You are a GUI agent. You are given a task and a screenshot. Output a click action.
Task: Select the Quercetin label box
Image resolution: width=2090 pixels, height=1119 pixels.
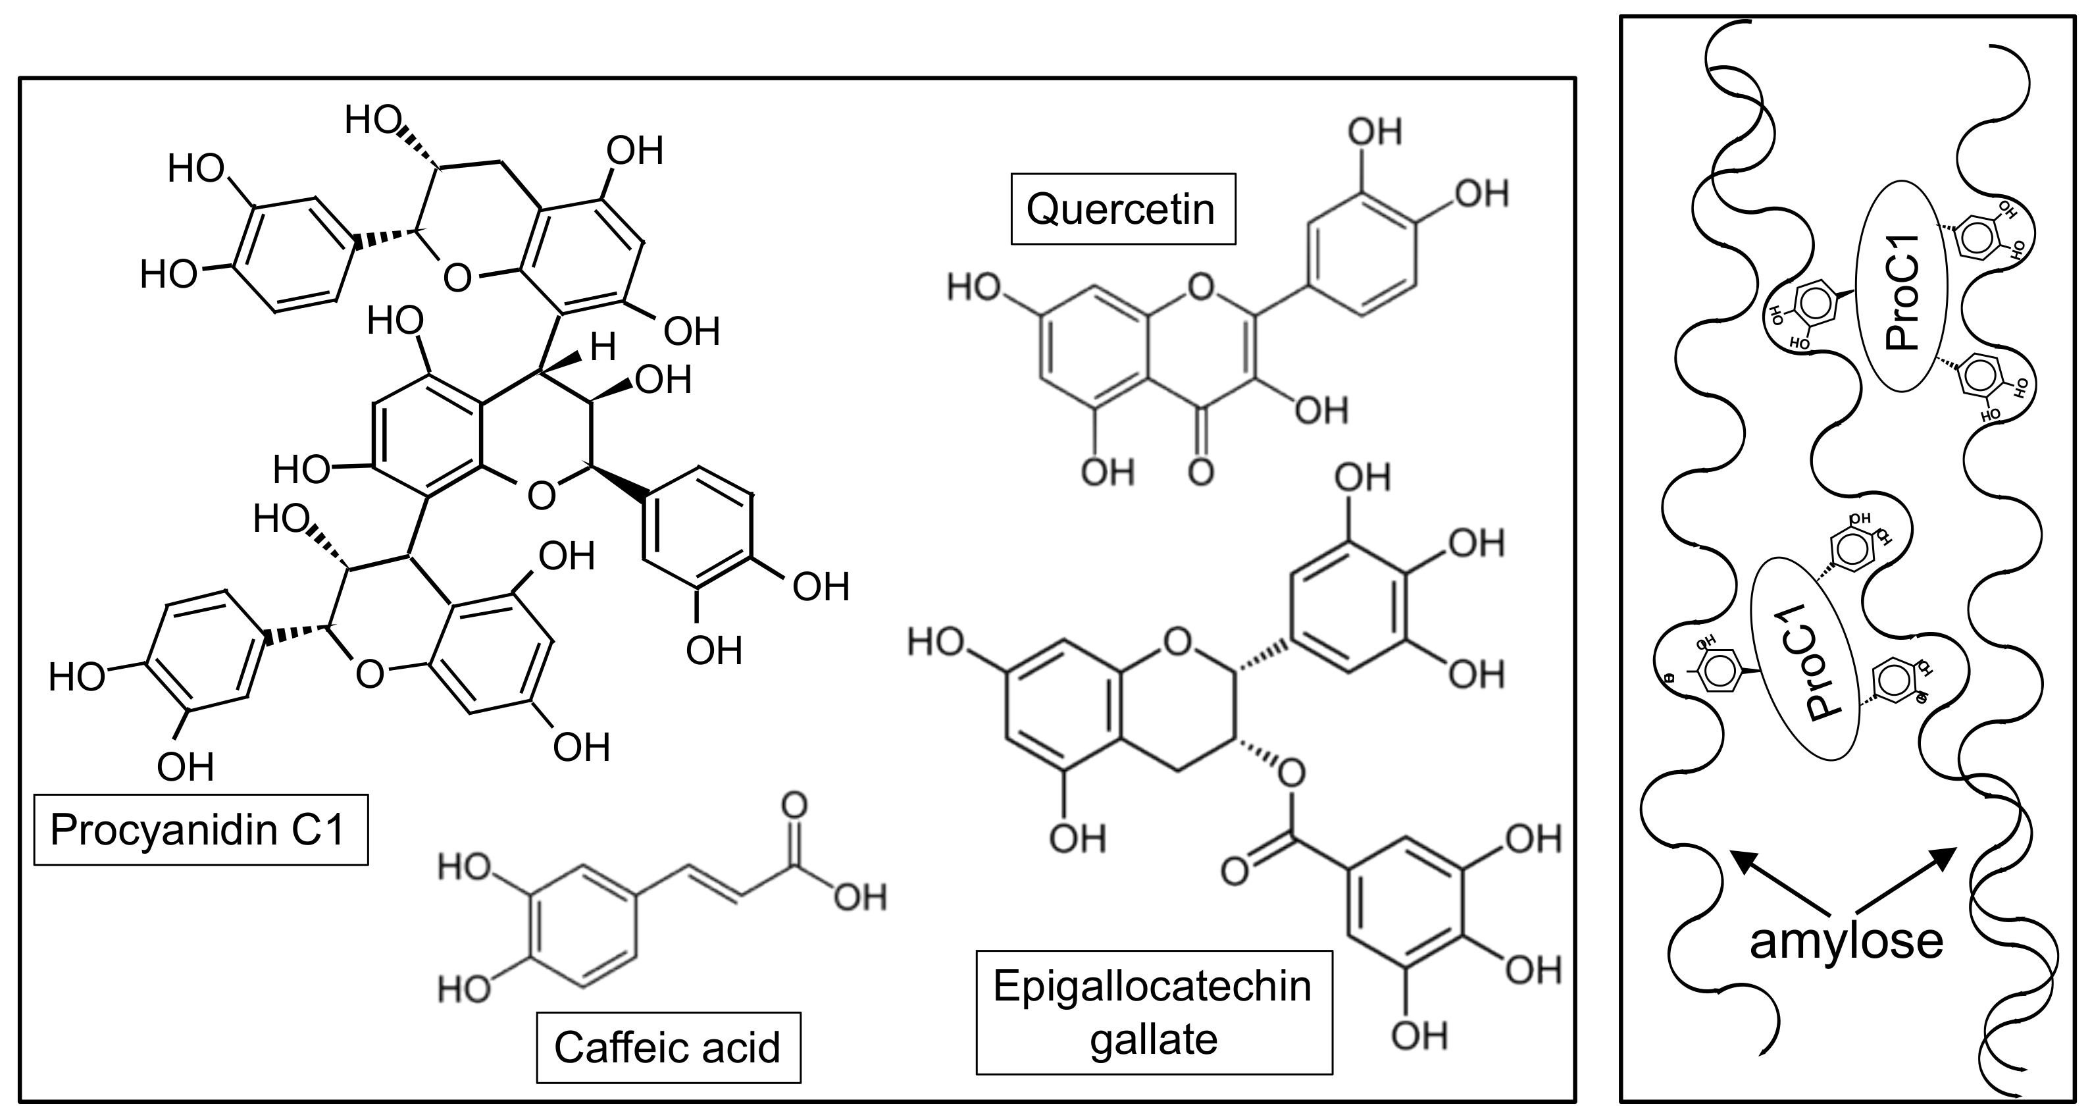(1122, 209)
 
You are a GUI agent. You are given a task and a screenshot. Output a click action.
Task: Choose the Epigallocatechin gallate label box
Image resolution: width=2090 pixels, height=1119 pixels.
(1153, 1011)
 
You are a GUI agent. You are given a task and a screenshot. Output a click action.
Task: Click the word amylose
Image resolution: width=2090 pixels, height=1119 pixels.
(1846, 941)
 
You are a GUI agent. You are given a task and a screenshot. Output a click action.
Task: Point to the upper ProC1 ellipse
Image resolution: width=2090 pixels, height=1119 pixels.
(1902, 292)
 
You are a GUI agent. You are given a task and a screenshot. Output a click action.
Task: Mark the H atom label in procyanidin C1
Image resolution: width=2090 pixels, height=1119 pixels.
(603, 348)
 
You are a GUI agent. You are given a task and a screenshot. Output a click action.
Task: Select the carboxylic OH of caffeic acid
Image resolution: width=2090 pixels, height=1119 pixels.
(860, 897)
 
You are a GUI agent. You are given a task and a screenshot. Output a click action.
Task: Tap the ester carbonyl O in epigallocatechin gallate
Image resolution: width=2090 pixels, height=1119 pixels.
(1234, 871)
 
